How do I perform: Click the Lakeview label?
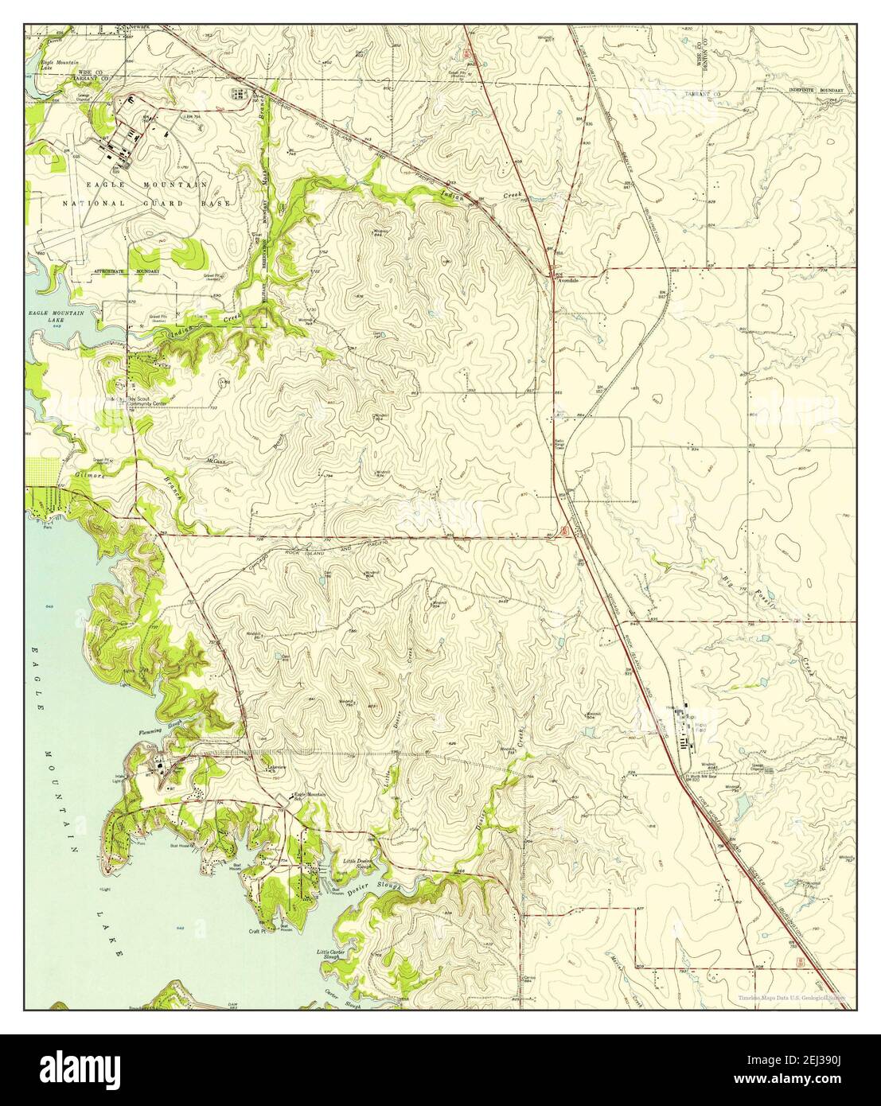(276, 767)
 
